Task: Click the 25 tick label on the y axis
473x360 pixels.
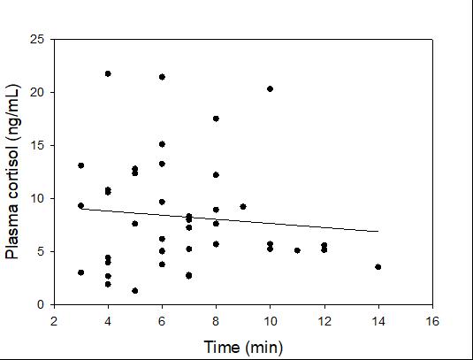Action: point(37,39)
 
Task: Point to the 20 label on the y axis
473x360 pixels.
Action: point(37,92)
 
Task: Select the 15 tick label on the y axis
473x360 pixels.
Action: point(37,145)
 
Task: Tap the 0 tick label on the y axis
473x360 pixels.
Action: point(41,304)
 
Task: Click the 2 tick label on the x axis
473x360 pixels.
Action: point(54,321)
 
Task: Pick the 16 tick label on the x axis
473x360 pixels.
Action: point(432,321)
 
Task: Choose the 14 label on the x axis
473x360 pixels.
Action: point(378,321)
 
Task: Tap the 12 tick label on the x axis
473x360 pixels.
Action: point(324,321)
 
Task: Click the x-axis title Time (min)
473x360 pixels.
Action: point(243,348)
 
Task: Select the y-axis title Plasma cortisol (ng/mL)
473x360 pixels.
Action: point(12,172)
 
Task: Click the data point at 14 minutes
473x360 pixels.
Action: point(378,267)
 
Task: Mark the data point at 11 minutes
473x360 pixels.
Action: point(297,250)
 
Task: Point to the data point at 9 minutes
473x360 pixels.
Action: point(243,207)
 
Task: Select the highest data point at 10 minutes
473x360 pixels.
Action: point(270,88)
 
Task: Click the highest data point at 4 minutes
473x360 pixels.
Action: point(108,73)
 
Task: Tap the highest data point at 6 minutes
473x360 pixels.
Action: point(162,77)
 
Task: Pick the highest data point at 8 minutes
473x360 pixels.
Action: point(216,119)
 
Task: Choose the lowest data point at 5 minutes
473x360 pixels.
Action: point(135,291)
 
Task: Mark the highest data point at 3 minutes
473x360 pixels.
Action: point(80,165)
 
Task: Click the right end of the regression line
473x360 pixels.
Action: point(378,232)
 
